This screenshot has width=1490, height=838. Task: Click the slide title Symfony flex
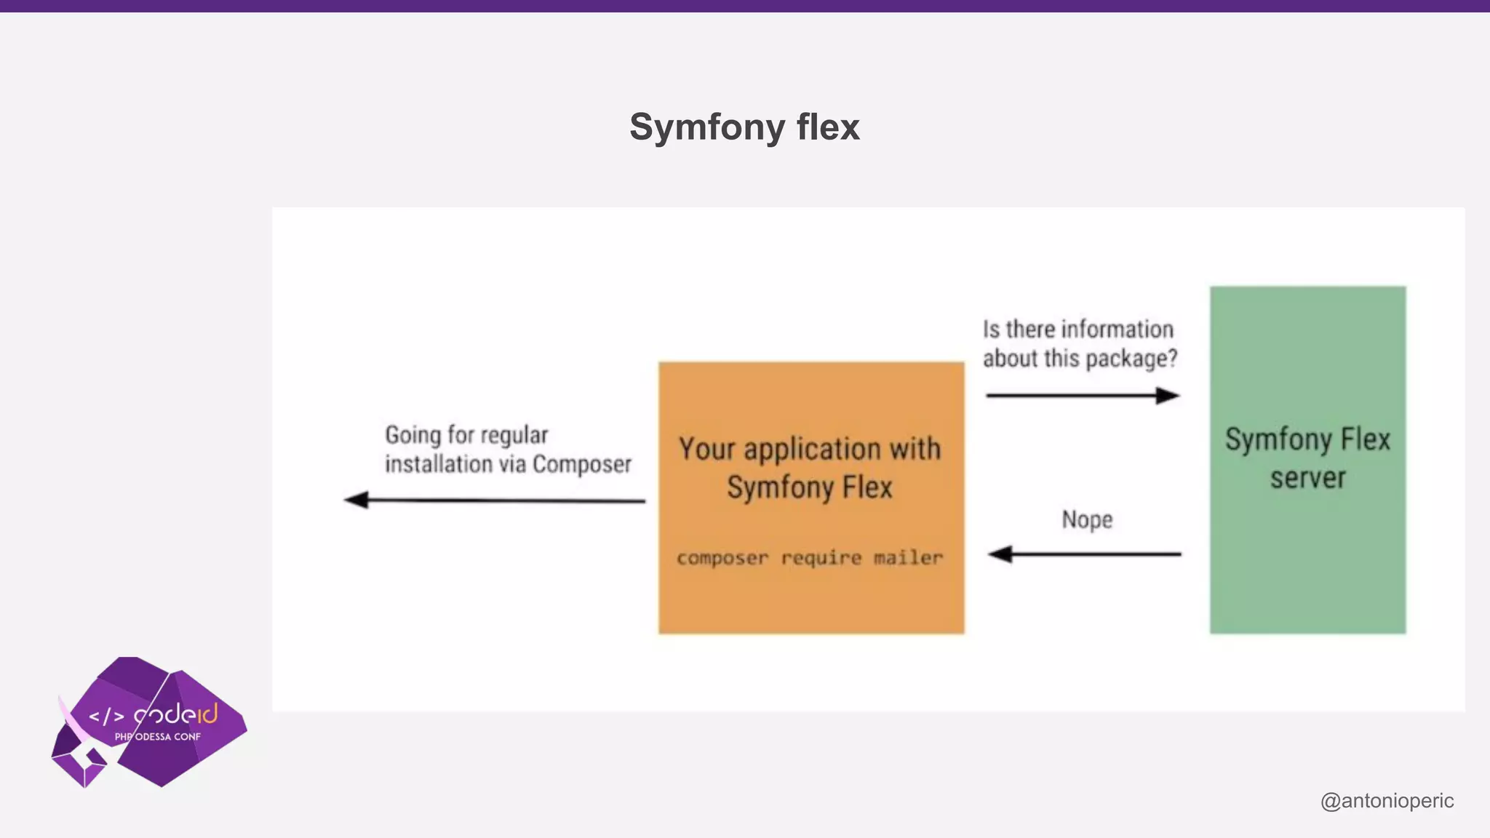744,127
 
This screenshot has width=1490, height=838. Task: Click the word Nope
1087,519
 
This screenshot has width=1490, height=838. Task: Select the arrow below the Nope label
1084,554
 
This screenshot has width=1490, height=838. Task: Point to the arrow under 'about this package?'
1083,396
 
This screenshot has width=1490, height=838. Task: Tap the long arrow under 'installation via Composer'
495,500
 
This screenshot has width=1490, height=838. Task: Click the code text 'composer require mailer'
810,558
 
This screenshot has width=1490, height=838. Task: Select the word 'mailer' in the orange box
908,558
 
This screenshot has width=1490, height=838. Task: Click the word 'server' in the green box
1307,478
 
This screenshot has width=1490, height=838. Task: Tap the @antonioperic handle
1387,800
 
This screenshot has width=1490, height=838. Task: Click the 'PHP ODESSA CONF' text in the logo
157,737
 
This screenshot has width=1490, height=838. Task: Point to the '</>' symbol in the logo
106,717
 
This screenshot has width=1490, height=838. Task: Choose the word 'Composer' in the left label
582,464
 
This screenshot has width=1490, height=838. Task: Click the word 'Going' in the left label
413,435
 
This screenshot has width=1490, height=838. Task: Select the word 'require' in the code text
821,558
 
